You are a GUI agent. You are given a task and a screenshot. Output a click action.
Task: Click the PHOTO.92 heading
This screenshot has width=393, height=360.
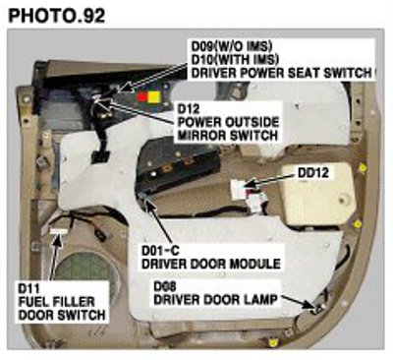(x=57, y=16)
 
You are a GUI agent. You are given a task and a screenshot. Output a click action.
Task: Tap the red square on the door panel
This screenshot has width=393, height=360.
(x=141, y=96)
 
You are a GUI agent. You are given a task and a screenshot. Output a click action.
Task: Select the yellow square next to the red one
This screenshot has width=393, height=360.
(x=154, y=96)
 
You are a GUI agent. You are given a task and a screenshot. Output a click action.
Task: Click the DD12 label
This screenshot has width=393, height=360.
(x=313, y=173)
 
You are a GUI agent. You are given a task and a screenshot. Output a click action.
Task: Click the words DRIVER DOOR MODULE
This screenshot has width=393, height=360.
(x=211, y=264)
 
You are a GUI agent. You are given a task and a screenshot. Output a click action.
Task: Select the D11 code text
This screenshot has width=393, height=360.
(x=28, y=288)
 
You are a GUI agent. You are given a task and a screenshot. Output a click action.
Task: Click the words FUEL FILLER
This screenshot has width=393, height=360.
(x=56, y=302)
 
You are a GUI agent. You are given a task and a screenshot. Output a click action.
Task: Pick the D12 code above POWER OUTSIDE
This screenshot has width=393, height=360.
(x=189, y=109)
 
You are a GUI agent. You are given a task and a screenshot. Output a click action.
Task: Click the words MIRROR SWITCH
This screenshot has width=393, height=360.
(x=227, y=135)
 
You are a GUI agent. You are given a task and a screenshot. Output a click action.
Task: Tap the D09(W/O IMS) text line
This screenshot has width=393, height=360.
(x=232, y=46)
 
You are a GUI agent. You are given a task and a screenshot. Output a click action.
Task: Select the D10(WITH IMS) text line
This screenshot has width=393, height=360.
(x=235, y=59)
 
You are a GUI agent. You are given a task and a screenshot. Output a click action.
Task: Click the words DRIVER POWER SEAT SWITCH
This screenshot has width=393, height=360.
(x=282, y=73)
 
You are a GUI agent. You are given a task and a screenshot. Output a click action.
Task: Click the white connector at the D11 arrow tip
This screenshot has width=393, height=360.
(x=59, y=231)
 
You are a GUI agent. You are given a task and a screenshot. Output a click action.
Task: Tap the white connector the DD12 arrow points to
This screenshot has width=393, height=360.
(x=239, y=189)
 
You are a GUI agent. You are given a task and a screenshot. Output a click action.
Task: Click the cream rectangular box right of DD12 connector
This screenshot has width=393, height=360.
(x=317, y=194)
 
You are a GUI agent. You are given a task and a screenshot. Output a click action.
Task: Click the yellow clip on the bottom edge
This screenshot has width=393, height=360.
(x=271, y=343)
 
